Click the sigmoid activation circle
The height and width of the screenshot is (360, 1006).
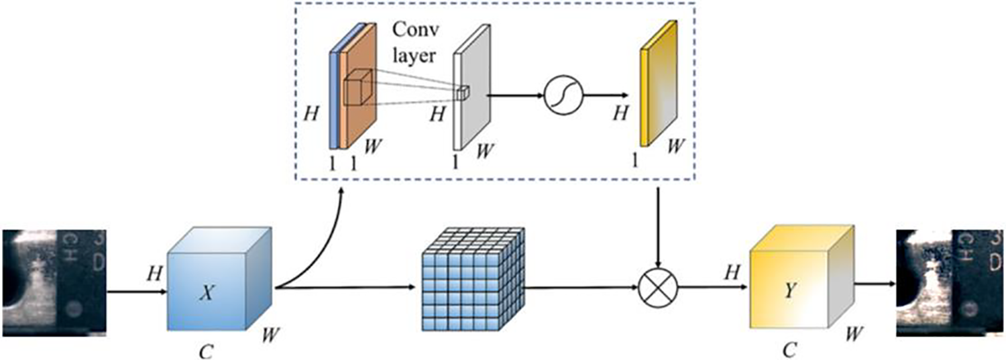562,95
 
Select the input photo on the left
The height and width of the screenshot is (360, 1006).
54,282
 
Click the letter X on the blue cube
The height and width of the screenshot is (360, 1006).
211,292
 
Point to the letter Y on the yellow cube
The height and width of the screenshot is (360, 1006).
793,293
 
